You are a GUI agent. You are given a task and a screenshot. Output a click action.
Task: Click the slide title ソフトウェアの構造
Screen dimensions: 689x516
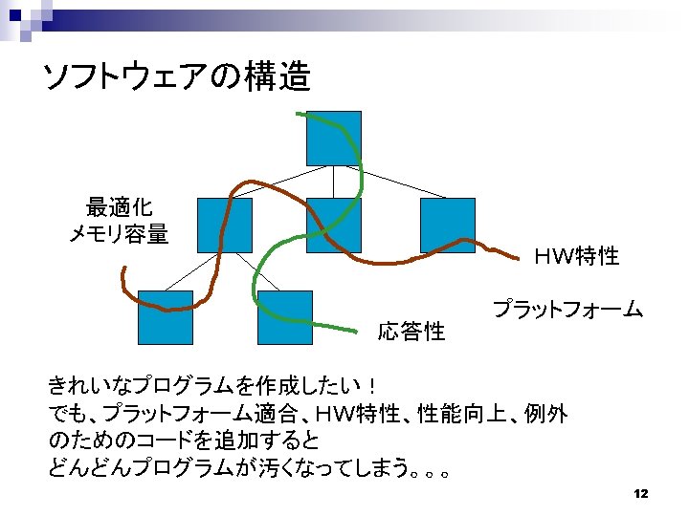click(177, 76)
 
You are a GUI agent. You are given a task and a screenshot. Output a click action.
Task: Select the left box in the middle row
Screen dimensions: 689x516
click(224, 226)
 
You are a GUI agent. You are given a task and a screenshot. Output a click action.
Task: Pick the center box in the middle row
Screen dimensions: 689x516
click(333, 226)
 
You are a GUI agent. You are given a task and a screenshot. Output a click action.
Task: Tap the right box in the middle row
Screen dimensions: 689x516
click(447, 226)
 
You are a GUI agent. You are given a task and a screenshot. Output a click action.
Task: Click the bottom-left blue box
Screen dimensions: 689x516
click(165, 316)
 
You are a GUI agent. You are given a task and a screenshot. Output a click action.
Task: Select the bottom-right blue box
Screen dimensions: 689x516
click(284, 316)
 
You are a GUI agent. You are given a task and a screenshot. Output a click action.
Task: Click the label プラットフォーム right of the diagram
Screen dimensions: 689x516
click(567, 310)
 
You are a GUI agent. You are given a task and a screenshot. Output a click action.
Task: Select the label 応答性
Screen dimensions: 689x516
click(411, 332)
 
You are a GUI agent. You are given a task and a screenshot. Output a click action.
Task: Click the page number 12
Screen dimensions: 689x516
click(641, 493)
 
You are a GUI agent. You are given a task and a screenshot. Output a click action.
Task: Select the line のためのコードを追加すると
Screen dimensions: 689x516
click(184, 441)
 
